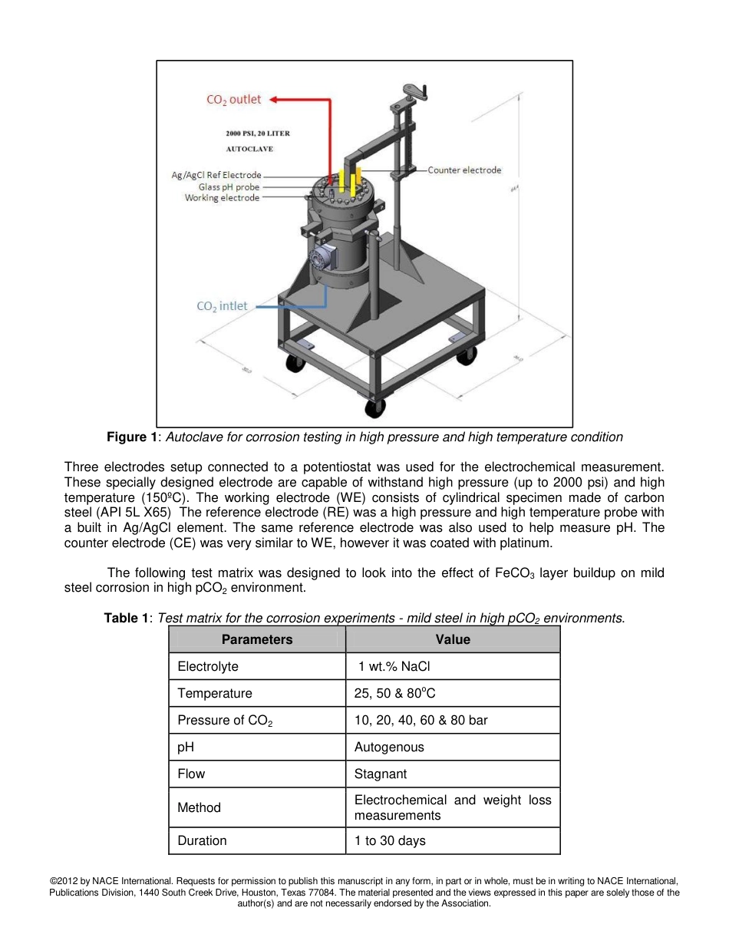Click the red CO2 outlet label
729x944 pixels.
click(x=233, y=100)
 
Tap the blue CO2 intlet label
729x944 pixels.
click(x=222, y=306)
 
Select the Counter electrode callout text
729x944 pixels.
click(x=464, y=170)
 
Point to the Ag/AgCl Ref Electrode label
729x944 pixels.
click(x=216, y=176)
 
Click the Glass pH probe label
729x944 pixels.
click(x=229, y=186)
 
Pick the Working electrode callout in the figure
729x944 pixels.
click(x=222, y=198)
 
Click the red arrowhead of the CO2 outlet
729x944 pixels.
click(x=275, y=99)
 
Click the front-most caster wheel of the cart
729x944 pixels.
click(x=374, y=408)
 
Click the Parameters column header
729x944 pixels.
click(x=257, y=639)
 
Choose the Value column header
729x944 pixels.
click(x=453, y=639)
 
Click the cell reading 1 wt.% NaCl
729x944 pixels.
click(x=394, y=666)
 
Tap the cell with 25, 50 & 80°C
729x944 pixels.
click(x=394, y=694)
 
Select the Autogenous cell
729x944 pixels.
click(x=389, y=747)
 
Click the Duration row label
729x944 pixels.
click(x=202, y=840)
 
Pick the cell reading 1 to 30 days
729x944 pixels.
click(x=390, y=840)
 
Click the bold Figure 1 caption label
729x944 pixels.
click(x=132, y=437)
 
